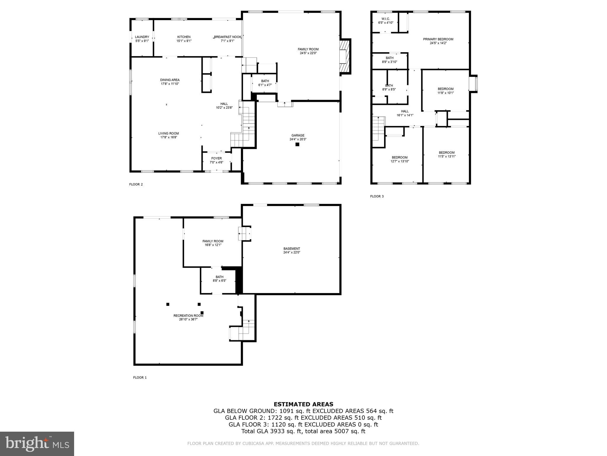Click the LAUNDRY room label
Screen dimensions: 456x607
142,37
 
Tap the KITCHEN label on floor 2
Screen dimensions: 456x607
184,37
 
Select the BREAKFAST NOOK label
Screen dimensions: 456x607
228,37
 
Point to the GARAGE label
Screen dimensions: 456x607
298,135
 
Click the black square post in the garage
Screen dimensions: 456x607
297,145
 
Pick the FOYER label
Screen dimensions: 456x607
216,158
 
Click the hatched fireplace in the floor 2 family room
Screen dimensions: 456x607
345,56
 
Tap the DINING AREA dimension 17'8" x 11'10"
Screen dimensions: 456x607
170,84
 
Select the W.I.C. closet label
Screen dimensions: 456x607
386,19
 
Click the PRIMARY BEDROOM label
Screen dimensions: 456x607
438,39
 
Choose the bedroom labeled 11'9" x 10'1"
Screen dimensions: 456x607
445,91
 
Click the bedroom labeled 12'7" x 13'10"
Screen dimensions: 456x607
400,159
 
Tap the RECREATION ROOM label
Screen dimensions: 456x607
188,316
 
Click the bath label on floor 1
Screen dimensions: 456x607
219,277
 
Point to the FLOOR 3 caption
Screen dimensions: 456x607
377,196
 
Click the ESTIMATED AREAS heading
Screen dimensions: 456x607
303,404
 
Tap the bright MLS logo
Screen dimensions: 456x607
37,444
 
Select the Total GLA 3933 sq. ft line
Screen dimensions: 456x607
303,431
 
